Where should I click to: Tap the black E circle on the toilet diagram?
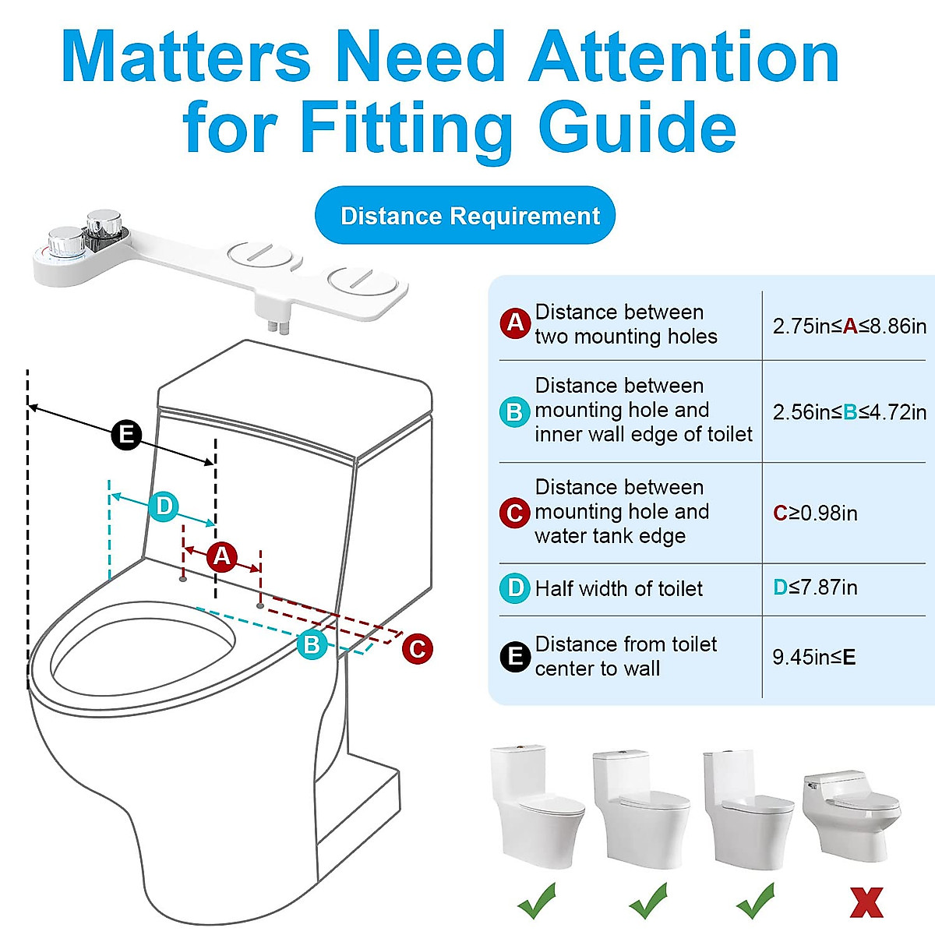pyautogui.click(x=126, y=435)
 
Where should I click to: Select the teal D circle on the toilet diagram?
pyautogui.click(x=164, y=507)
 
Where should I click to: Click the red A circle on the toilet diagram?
pyautogui.click(x=222, y=556)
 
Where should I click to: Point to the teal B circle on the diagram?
pyautogui.click(x=312, y=644)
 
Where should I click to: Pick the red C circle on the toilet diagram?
pyautogui.click(x=418, y=649)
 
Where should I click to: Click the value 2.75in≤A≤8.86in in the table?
pyautogui.click(x=849, y=326)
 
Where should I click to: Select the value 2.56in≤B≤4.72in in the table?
pyautogui.click(x=849, y=411)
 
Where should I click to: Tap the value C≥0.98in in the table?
pyautogui.click(x=815, y=513)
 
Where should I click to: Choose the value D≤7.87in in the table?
pyautogui.click(x=815, y=587)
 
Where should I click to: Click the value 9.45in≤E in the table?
pyautogui.click(x=813, y=657)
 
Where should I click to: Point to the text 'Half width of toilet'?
pyautogui.click(x=619, y=588)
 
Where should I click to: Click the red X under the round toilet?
pyautogui.click(x=866, y=902)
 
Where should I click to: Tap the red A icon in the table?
pyautogui.click(x=515, y=323)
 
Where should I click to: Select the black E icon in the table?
pyautogui.click(x=514, y=657)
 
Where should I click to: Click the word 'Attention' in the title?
pyautogui.click(x=684, y=56)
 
